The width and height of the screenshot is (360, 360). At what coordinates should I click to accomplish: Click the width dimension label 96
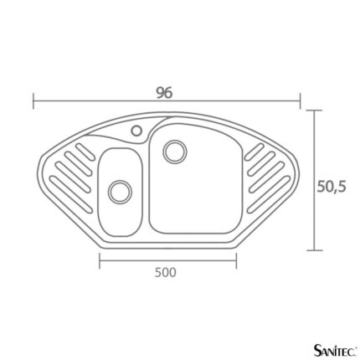coord(164,93)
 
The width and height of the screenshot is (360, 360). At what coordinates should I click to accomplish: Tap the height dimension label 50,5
coord(332,187)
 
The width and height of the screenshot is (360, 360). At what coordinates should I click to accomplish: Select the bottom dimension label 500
coord(166,272)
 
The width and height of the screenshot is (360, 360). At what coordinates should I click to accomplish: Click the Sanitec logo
coord(336,350)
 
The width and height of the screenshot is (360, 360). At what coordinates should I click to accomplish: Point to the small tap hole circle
coord(136,131)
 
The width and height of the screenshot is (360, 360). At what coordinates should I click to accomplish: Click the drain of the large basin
coord(175,152)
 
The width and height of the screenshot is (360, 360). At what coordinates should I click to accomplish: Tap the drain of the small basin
coord(120,191)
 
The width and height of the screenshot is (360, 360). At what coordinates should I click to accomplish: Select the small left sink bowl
coord(120,193)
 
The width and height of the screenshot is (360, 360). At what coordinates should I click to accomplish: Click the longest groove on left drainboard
coord(71,194)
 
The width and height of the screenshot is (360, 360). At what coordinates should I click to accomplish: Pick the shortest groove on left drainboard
coord(84,152)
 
